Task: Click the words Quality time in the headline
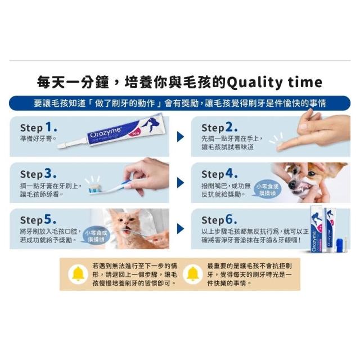(x=274, y=83)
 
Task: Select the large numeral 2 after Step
(x=229, y=127)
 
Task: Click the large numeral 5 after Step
(x=48, y=219)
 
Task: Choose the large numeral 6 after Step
(x=229, y=219)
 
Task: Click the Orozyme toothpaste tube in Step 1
(x=111, y=132)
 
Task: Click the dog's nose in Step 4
(x=292, y=185)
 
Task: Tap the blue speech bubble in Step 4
(x=267, y=189)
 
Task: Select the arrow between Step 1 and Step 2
(x=181, y=137)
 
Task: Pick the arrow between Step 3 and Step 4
(x=181, y=183)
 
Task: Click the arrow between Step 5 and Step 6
(x=181, y=229)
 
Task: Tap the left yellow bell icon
(x=78, y=274)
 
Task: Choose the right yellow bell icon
(x=192, y=274)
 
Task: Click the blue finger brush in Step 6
(x=340, y=243)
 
